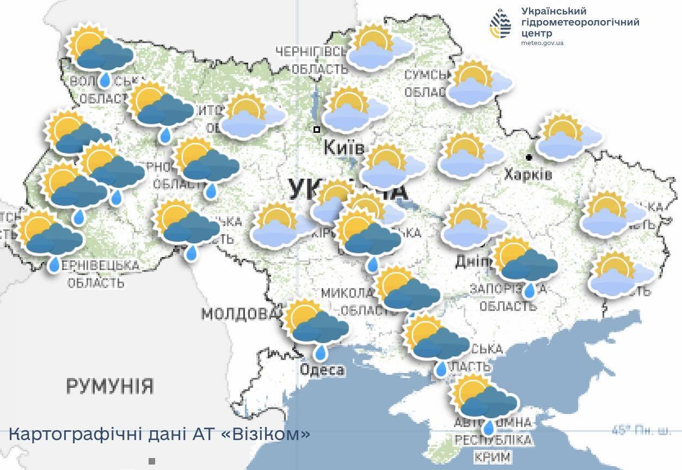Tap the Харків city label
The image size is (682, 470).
click(527, 174)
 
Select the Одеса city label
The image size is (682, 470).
click(322, 370)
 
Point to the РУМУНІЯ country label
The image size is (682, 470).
click(109, 386)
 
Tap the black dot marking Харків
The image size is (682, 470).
click(529, 157)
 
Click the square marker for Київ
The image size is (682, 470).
click(317, 130)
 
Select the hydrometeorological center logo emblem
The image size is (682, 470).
click(500, 25)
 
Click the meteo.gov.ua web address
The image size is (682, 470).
click(542, 43)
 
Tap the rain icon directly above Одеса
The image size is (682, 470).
click(317, 324)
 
